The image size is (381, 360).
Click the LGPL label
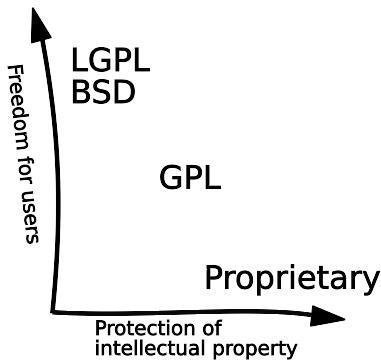pyautogui.click(x=111, y=60)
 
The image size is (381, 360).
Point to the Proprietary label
pyautogui.click(x=292, y=278)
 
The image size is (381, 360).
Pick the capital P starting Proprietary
pyautogui.click(x=214, y=277)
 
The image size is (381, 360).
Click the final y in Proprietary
pyautogui.click(x=371, y=281)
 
